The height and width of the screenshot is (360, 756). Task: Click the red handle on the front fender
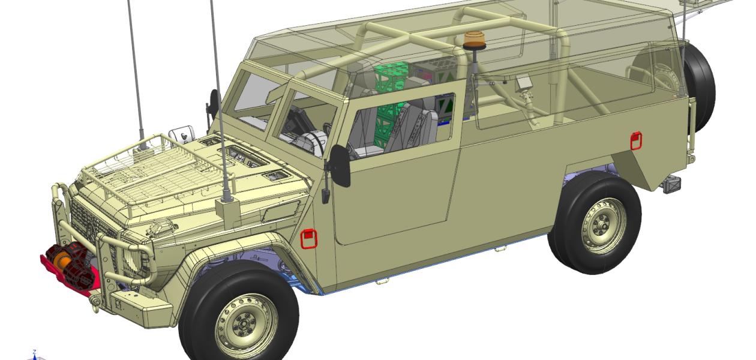click(308, 238)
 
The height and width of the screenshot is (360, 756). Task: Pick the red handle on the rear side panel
click(636, 140)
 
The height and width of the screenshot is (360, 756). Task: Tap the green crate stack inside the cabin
click(390, 102)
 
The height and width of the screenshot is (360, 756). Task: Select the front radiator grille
click(90, 222)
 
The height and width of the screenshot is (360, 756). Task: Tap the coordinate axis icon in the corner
click(35, 355)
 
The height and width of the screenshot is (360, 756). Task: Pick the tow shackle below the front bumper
click(95, 303)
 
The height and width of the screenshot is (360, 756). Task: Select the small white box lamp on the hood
click(181, 133)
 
